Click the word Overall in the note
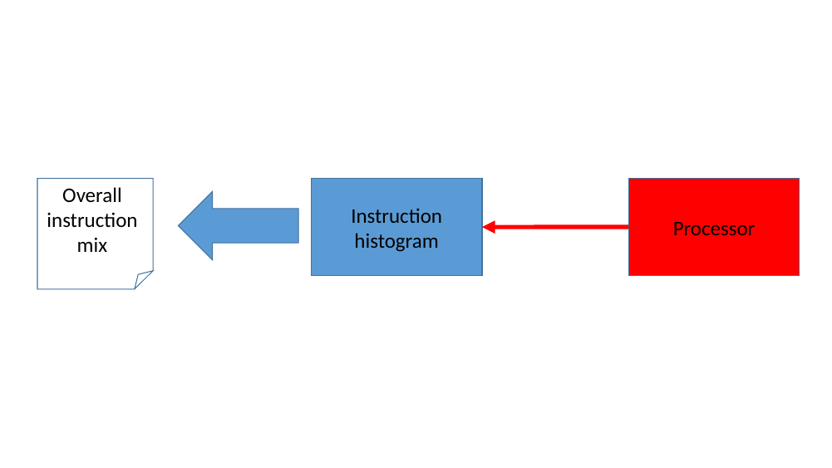(91, 195)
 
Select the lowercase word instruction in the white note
(91, 220)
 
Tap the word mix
(91, 245)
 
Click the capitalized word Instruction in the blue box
(396, 216)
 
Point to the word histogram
(396, 242)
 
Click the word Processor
(713, 229)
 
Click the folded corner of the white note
(143, 279)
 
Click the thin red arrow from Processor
(565, 226)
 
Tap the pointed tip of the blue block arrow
(180, 225)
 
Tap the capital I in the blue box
(353, 216)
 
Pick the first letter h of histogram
(359, 242)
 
